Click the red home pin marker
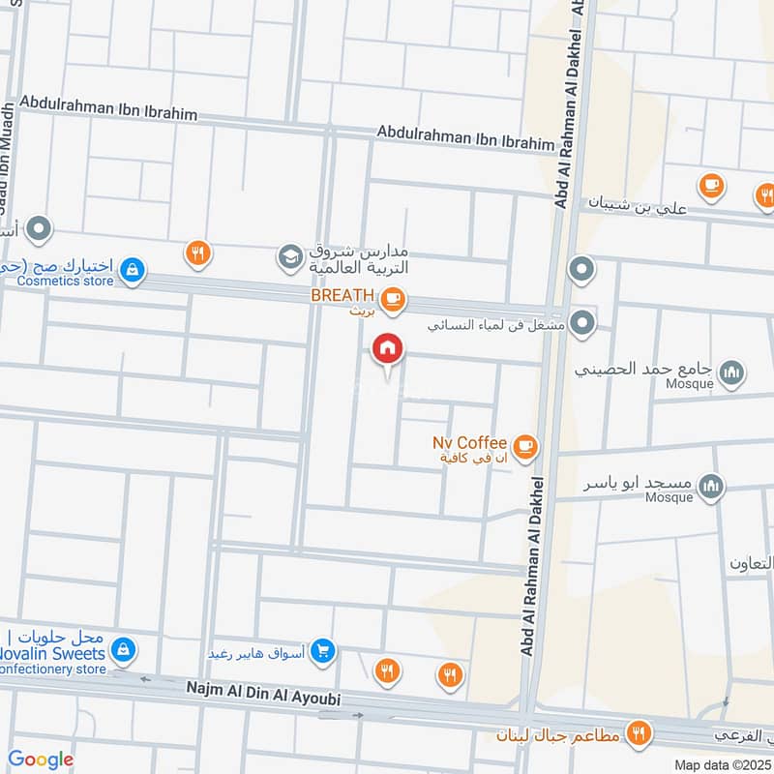click(x=387, y=349)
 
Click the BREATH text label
click(x=342, y=295)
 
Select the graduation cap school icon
click(x=288, y=257)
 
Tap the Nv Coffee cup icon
click(x=524, y=446)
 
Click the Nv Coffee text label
click(x=470, y=442)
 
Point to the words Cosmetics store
click(x=64, y=282)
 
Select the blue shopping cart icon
click(x=324, y=651)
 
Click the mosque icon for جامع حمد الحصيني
click(x=733, y=372)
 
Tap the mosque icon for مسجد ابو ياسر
click(x=711, y=485)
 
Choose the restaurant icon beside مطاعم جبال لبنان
click(x=637, y=732)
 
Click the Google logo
click(x=41, y=759)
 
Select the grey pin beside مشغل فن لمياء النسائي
click(x=581, y=324)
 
